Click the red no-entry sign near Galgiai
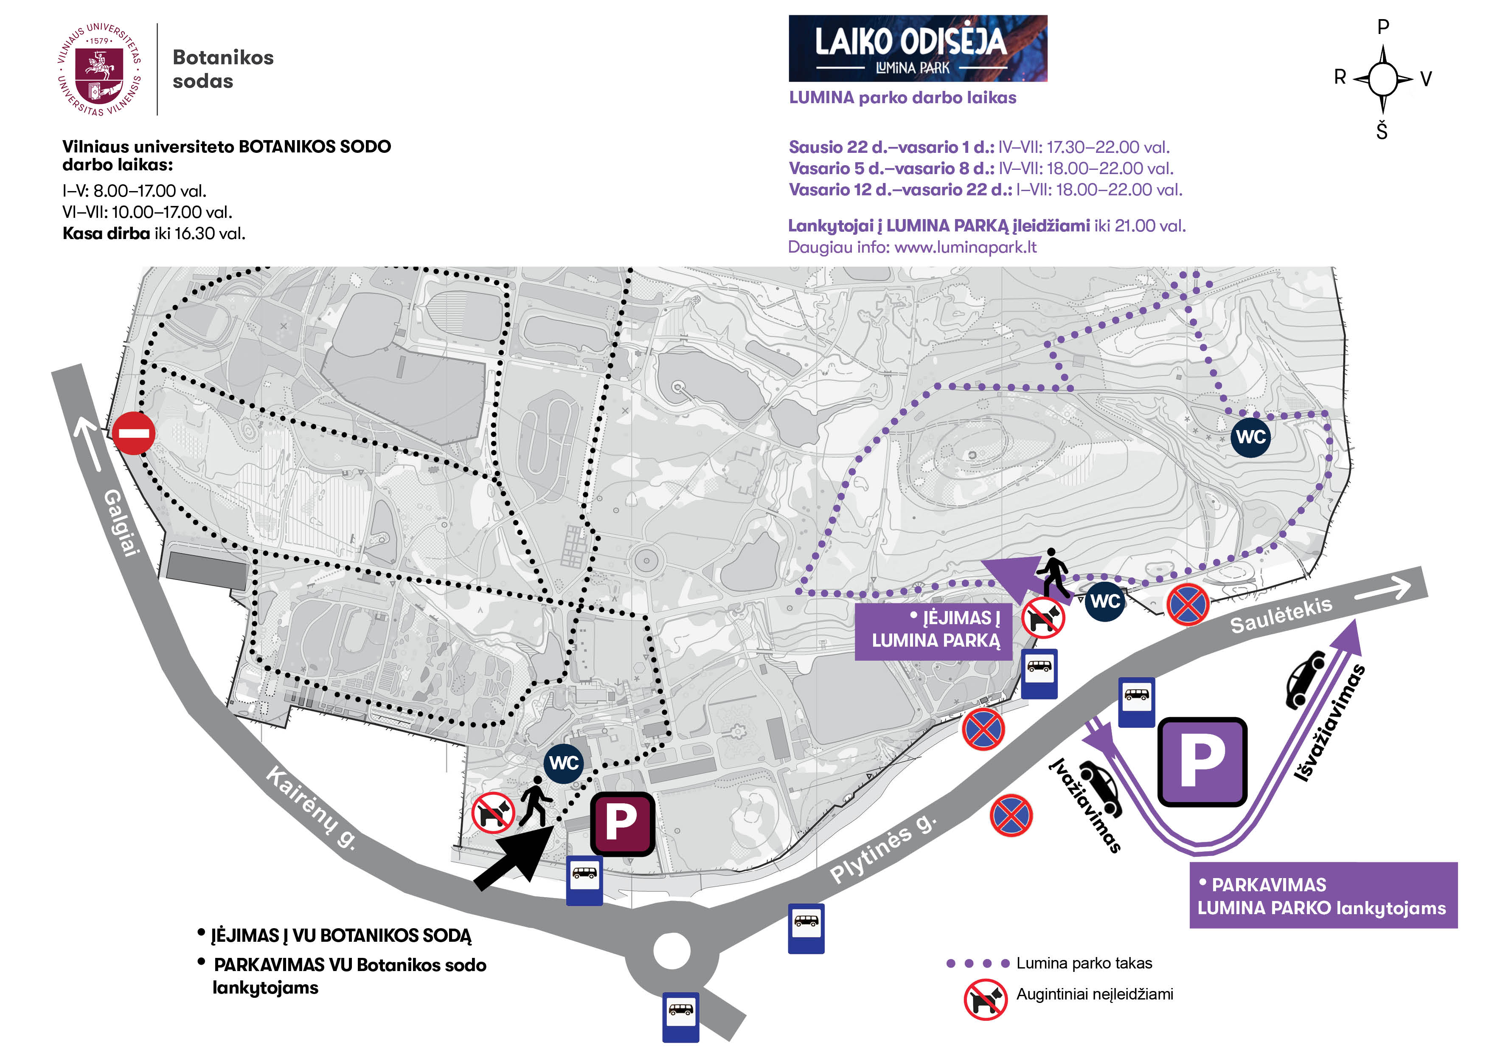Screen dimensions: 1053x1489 134,433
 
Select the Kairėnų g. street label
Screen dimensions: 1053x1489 311,807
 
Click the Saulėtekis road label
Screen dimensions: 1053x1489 1281,614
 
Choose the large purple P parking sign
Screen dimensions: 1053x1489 1202,762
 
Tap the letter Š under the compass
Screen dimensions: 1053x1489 1382,132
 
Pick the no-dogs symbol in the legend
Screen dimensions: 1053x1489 985,999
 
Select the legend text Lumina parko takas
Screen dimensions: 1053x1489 1084,963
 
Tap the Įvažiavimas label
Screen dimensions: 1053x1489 1084,805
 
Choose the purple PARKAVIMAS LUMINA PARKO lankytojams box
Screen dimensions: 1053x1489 1323,895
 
